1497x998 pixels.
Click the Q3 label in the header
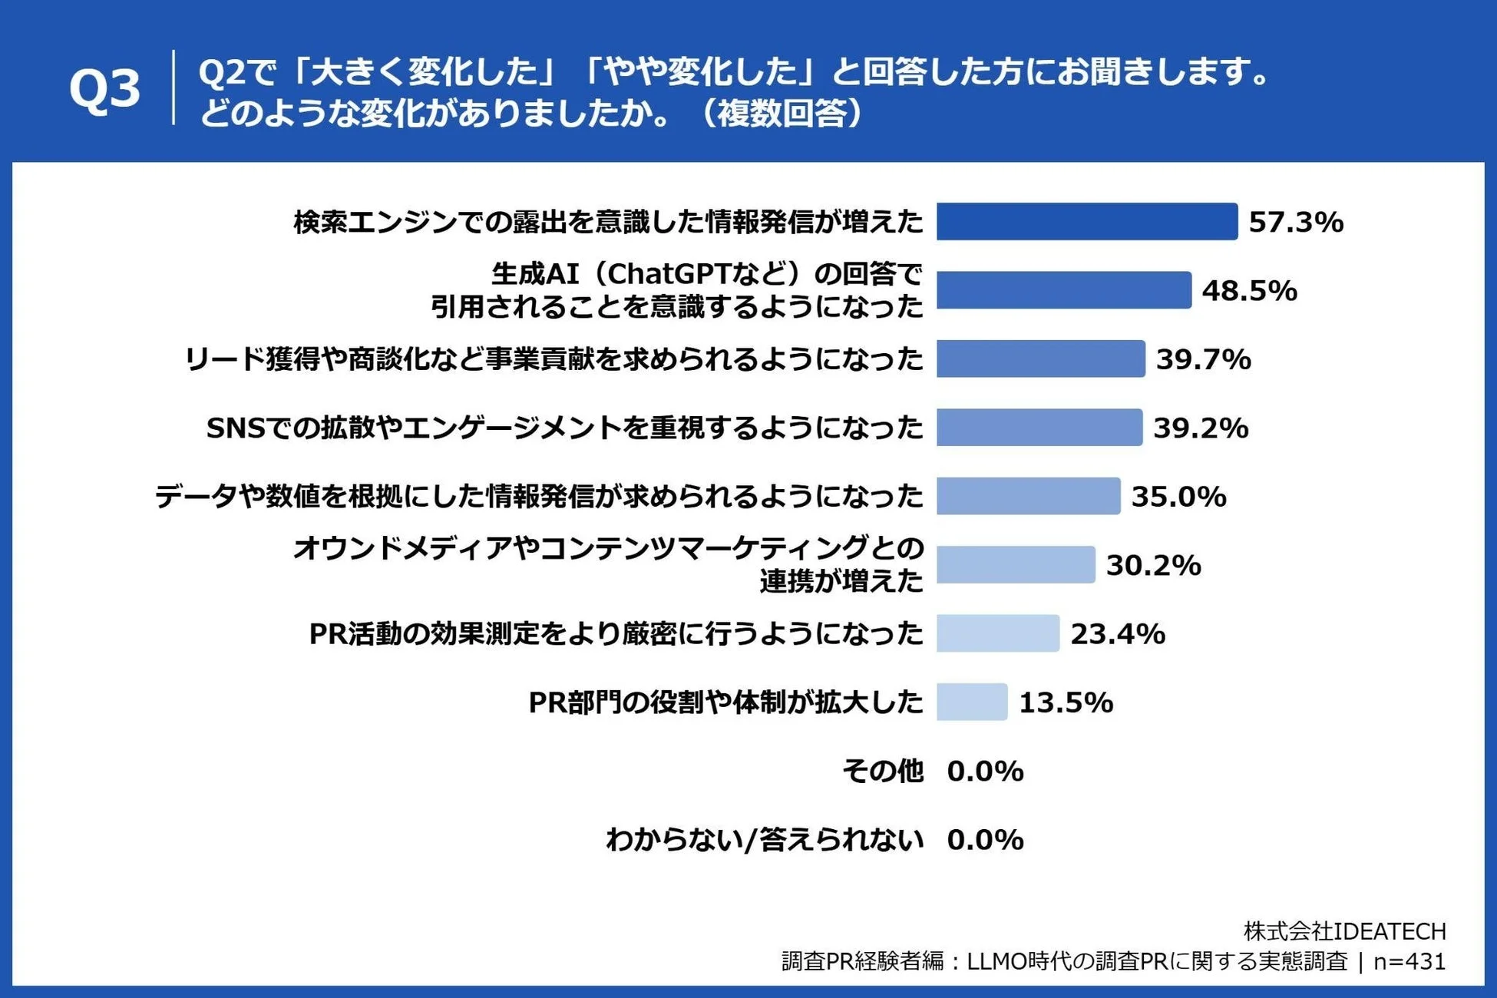[105, 89]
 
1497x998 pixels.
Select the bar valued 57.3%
[1086, 222]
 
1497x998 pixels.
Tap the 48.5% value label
[1249, 291]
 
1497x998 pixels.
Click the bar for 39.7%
[1040, 359]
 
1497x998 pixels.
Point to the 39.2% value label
[1201, 428]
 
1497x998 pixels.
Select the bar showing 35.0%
[1028, 496]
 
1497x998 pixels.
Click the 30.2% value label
[1153, 565]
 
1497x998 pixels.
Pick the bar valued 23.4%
[997, 633]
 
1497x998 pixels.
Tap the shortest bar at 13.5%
[971, 702]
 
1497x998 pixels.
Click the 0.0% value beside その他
[985, 771]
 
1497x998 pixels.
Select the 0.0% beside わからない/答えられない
[985, 840]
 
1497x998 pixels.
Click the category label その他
[882, 771]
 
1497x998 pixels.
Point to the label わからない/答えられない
[764, 840]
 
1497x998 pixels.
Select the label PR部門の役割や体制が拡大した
[725, 702]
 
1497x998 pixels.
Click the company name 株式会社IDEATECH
[1344, 931]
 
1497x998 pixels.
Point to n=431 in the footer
[1409, 961]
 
